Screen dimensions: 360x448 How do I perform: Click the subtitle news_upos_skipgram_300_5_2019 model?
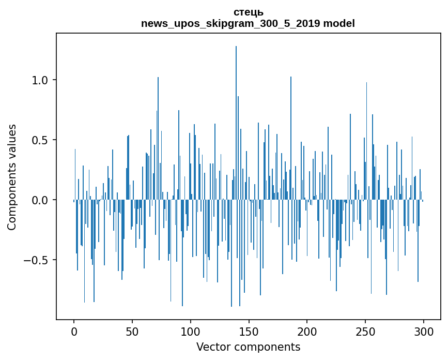coord(248,23)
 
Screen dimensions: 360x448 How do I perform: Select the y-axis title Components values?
coord(12,177)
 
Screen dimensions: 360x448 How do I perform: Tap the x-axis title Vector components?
coord(248,347)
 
